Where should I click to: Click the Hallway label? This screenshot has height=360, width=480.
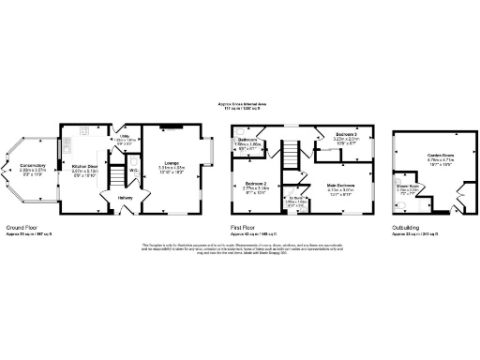pyautogui.click(x=126, y=198)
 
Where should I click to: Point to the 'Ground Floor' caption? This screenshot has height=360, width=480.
pyautogui.click(x=22, y=227)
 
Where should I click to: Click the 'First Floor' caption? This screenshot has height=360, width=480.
pyautogui.click(x=246, y=227)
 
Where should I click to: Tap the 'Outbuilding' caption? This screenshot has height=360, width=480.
pyautogui.click(x=407, y=227)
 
